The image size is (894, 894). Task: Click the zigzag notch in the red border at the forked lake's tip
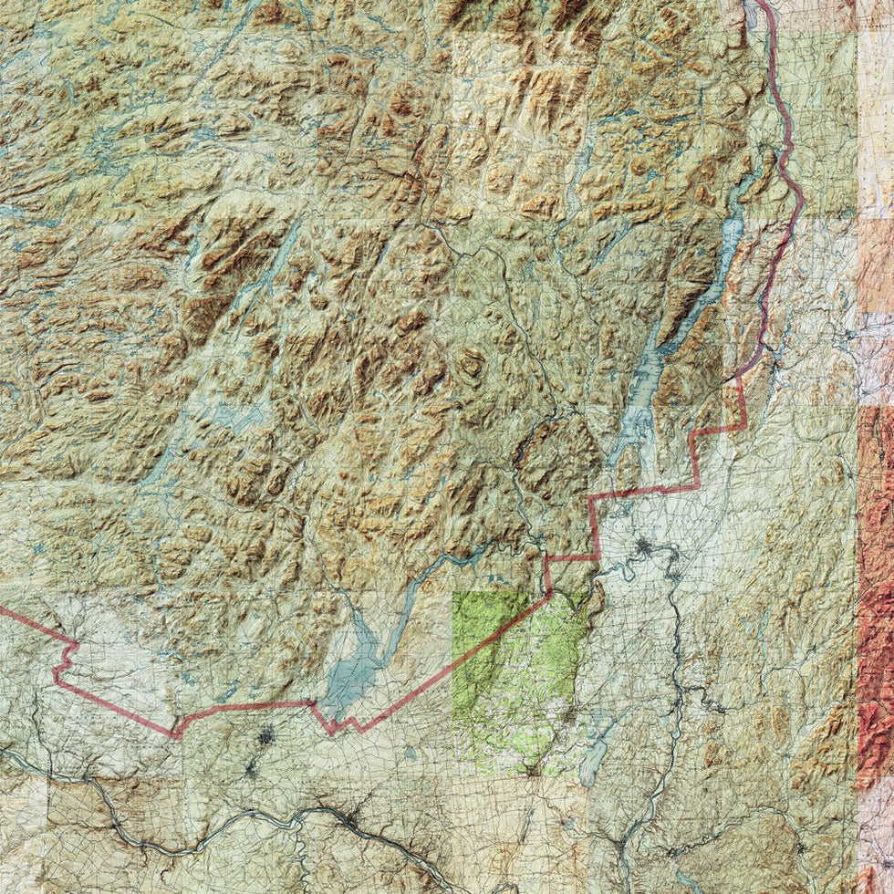click(x=338, y=725)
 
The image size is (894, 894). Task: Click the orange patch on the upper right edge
click(x=876, y=255)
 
